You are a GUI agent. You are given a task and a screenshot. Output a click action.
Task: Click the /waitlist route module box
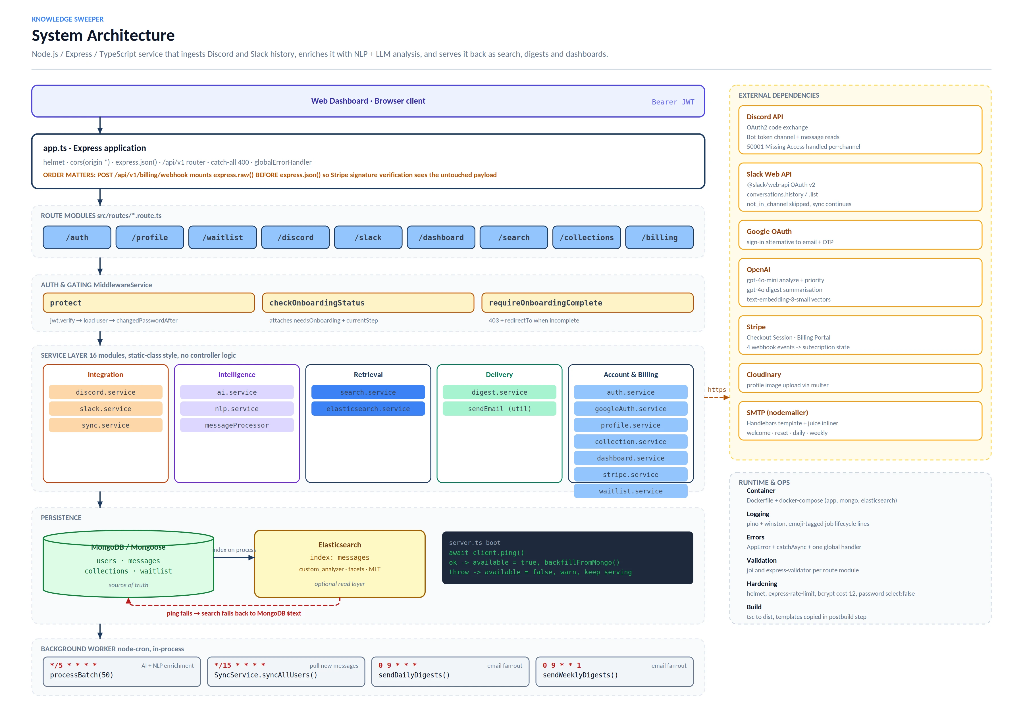[x=223, y=237]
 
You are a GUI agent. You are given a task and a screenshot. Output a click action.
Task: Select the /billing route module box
[x=660, y=237]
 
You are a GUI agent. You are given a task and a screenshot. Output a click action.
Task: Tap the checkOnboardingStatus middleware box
[x=368, y=303]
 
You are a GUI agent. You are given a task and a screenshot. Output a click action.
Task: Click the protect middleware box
[x=149, y=303]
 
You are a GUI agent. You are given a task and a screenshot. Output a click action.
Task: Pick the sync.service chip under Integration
[x=106, y=425]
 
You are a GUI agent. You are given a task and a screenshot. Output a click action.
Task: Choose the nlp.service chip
[x=237, y=409]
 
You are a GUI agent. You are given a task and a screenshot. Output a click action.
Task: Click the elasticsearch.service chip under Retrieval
[x=368, y=409]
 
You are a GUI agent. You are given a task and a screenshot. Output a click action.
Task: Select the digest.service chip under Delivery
[x=500, y=392]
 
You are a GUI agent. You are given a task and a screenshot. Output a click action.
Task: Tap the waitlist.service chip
[x=631, y=491]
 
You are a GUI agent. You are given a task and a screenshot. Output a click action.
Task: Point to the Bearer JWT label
[x=673, y=102]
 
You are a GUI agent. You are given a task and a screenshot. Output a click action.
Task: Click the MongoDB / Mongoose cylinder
[x=128, y=564]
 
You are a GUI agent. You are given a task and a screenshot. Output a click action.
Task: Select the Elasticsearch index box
[x=340, y=564]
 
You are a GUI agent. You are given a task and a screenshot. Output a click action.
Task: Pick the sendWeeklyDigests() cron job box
[x=614, y=671]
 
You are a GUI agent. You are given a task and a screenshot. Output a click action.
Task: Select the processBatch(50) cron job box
[x=122, y=671]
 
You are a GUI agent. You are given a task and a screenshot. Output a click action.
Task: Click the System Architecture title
[x=103, y=35]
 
